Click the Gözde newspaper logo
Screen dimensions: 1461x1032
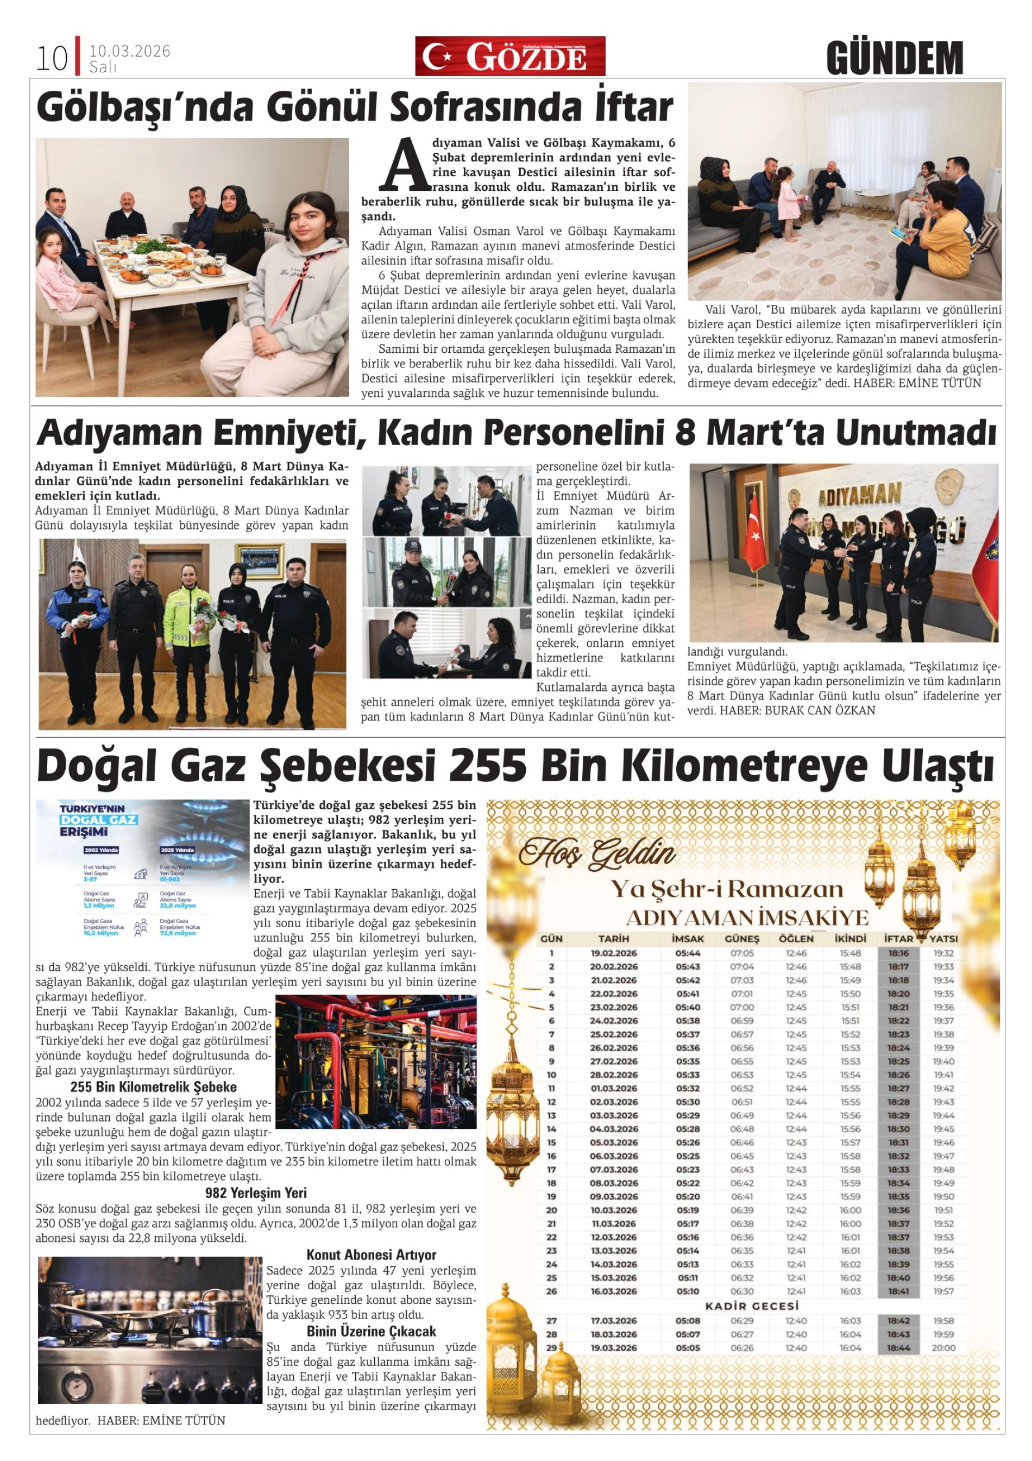509,56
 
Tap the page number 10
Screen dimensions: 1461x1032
52,59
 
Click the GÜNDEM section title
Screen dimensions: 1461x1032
894,58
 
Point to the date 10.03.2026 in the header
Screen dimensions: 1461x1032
130,51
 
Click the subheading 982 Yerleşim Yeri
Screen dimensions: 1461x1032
256,1192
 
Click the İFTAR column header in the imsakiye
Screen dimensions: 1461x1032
898,939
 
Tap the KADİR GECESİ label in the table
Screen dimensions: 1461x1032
751,1306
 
